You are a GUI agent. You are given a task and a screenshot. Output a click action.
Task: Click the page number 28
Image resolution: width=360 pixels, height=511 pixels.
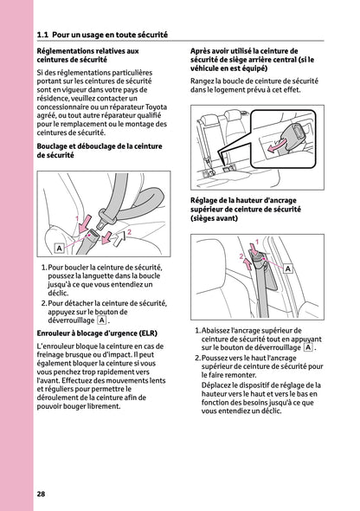41,494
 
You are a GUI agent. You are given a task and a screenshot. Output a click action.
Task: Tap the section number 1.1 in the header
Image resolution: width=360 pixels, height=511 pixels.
42,35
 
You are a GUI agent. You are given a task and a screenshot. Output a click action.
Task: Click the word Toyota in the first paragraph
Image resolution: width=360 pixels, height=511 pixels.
156,107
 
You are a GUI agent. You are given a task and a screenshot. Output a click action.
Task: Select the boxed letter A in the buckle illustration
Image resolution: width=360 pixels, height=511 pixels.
59,249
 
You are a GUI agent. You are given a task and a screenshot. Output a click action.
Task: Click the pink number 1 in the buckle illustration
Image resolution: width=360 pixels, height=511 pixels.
77,218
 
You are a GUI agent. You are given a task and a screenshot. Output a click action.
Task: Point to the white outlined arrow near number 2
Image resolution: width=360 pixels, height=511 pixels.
119,239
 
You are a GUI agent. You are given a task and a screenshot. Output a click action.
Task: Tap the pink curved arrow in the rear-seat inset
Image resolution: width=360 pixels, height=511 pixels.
277,146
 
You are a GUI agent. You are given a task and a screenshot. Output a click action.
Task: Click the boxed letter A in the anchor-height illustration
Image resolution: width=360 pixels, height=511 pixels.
287,268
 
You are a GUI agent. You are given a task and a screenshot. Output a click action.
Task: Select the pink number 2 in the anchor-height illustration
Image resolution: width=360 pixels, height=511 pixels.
241,256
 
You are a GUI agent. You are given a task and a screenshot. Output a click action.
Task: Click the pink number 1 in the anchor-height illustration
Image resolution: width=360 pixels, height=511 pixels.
257,242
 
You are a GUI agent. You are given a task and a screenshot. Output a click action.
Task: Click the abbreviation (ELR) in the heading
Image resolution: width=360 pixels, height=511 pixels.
148,333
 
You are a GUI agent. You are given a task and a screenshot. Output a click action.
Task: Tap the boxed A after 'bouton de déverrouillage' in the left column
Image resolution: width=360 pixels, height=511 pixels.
102,320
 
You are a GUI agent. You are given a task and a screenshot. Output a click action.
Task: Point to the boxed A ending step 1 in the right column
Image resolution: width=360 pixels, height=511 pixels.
307,347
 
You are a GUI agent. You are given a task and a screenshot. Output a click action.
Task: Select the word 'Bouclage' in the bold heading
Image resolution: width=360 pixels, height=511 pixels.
51,146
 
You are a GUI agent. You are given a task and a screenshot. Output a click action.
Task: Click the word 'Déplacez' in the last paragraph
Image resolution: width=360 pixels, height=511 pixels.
216,385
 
